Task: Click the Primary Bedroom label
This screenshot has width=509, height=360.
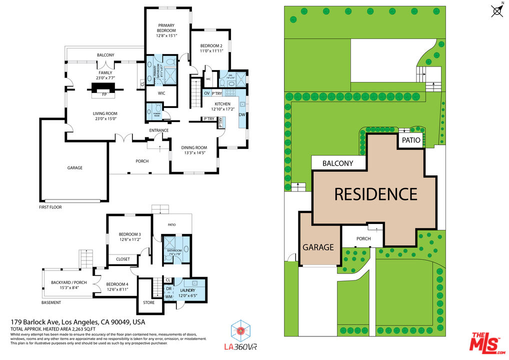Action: click(x=167, y=25)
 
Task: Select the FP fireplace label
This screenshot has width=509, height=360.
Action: click(x=104, y=94)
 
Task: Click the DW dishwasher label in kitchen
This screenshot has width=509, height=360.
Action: click(x=242, y=114)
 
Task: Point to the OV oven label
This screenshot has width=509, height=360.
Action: click(x=206, y=93)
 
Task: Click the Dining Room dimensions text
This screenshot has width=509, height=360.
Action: click(x=194, y=153)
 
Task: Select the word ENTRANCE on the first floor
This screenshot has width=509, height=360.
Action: click(x=158, y=130)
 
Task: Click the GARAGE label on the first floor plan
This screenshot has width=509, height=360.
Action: click(x=74, y=168)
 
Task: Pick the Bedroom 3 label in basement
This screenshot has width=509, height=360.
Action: click(x=129, y=234)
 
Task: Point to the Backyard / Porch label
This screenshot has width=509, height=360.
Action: click(x=69, y=282)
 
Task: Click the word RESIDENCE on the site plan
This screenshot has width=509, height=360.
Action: click(x=375, y=193)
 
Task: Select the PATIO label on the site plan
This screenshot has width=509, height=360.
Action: click(x=410, y=140)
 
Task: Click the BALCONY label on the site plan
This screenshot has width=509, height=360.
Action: click(x=337, y=163)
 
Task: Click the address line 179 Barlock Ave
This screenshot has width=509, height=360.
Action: click(x=78, y=322)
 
